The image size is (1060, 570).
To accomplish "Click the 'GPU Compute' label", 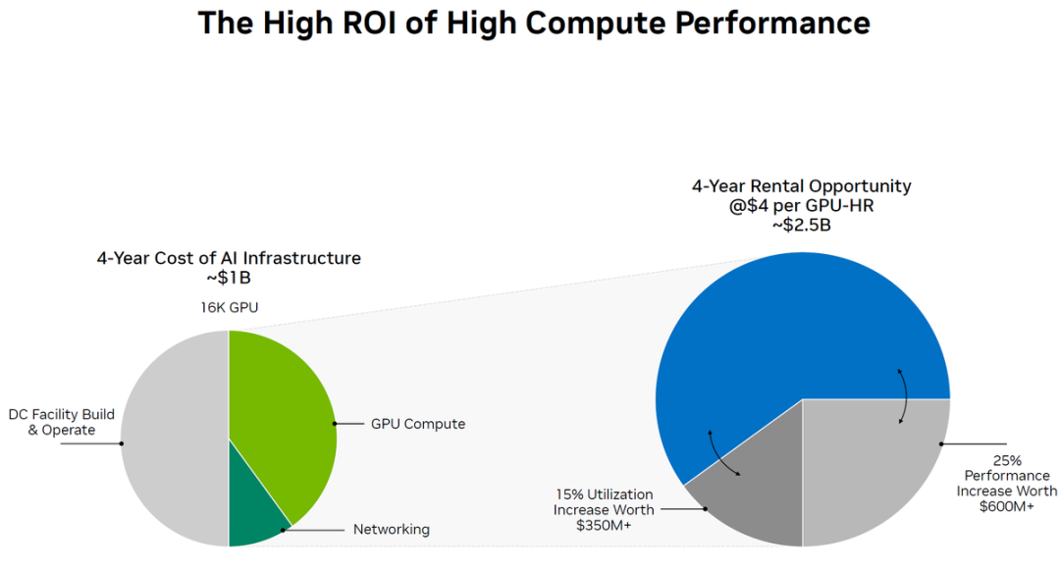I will [418, 424].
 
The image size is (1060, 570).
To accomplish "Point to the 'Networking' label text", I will [391, 530].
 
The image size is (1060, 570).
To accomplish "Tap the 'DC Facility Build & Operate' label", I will [61, 422].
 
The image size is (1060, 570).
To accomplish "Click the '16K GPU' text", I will [230, 308].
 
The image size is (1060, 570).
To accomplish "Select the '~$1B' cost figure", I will [229, 279].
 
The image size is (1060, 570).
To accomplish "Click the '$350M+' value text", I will [605, 526].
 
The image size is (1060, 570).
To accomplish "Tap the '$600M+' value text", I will [1007, 506].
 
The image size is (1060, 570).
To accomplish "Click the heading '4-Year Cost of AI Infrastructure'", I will [229, 259].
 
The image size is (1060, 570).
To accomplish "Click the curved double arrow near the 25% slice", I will [902, 397].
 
